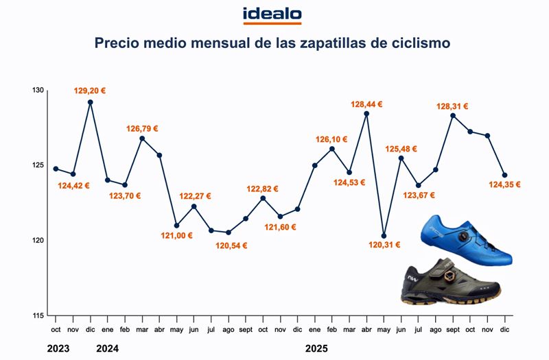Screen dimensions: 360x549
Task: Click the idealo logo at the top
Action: (272, 15)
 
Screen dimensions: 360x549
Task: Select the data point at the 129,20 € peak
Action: (91, 102)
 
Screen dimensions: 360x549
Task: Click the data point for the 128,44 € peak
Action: (366, 114)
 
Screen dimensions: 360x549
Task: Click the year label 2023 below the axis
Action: (58, 348)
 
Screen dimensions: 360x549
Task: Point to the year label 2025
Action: (316, 348)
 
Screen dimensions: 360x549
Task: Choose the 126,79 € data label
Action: (142, 128)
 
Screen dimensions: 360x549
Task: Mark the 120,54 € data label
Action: (228, 245)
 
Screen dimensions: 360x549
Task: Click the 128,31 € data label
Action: (452, 106)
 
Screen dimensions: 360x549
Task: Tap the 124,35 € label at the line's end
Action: (504, 184)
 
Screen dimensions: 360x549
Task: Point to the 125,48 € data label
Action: (401, 148)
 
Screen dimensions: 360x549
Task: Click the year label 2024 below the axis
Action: (108, 348)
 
